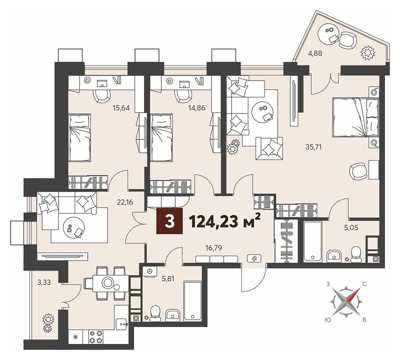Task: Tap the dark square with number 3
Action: [169, 221]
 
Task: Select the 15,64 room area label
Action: [121, 108]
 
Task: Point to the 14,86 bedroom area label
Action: [196, 108]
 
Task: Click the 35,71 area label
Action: [313, 146]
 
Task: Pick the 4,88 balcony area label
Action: [315, 53]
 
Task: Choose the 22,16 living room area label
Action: [125, 202]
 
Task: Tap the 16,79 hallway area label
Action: [214, 247]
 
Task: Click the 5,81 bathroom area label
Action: [168, 279]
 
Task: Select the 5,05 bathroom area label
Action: [351, 227]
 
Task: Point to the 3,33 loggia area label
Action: [44, 282]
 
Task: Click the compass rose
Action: [346, 302]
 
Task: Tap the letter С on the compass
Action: [364, 284]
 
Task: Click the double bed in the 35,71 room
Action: [355, 117]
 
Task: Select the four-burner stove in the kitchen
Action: [96, 336]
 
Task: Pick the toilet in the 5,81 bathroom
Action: [155, 314]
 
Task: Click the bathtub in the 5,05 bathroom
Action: [313, 241]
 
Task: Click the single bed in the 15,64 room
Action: [79, 137]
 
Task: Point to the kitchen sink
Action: [121, 323]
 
